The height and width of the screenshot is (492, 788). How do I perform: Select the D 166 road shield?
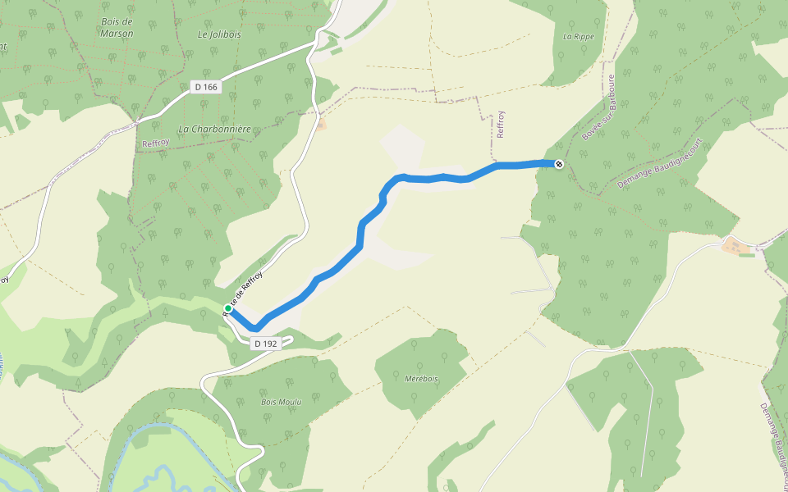[x=208, y=86]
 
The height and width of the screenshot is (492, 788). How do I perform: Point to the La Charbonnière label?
[x=214, y=129]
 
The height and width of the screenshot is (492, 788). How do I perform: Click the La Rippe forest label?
[x=578, y=37]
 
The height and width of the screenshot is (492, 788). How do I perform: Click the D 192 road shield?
[x=266, y=344]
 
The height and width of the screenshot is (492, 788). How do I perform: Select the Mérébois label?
[x=422, y=378]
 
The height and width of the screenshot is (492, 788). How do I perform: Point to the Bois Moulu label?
[x=281, y=402]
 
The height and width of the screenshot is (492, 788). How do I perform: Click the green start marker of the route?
[x=228, y=308]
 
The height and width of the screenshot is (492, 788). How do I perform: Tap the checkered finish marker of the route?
[x=559, y=164]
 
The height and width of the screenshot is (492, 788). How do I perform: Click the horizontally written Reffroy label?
[x=154, y=143]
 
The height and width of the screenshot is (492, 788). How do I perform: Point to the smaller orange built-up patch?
[x=320, y=124]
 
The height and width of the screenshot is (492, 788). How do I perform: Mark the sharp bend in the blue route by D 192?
[x=255, y=329]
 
